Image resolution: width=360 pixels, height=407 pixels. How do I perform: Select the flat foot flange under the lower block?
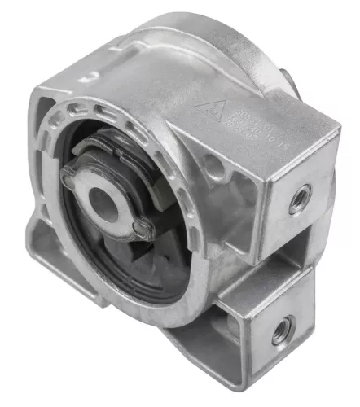click(x=212, y=358)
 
